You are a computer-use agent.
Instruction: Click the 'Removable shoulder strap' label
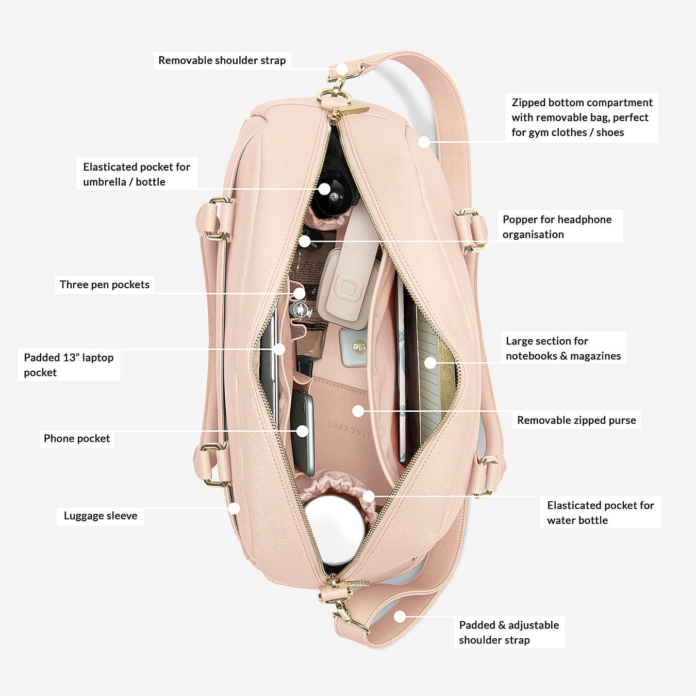[x=222, y=60]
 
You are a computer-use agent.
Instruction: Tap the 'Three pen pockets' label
[x=104, y=285]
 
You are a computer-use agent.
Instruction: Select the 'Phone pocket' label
[x=77, y=439]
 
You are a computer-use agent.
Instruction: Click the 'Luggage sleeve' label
[x=101, y=516]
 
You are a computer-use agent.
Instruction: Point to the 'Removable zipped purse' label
[x=576, y=420]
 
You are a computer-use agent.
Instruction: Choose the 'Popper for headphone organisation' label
[x=557, y=227]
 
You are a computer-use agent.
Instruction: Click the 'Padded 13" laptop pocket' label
[x=69, y=364]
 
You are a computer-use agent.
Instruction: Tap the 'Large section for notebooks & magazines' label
[x=563, y=348]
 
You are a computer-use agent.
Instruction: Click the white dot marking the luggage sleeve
[x=235, y=508]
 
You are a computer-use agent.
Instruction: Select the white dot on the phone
[x=303, y=431]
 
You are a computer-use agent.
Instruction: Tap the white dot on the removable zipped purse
[x=358, y=411]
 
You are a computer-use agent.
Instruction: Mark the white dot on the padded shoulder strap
[x=400, y=616]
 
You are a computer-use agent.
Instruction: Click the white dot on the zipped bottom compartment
[x=424, y=142]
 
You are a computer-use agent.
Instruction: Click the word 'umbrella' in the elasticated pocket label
[x=105, y=182]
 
